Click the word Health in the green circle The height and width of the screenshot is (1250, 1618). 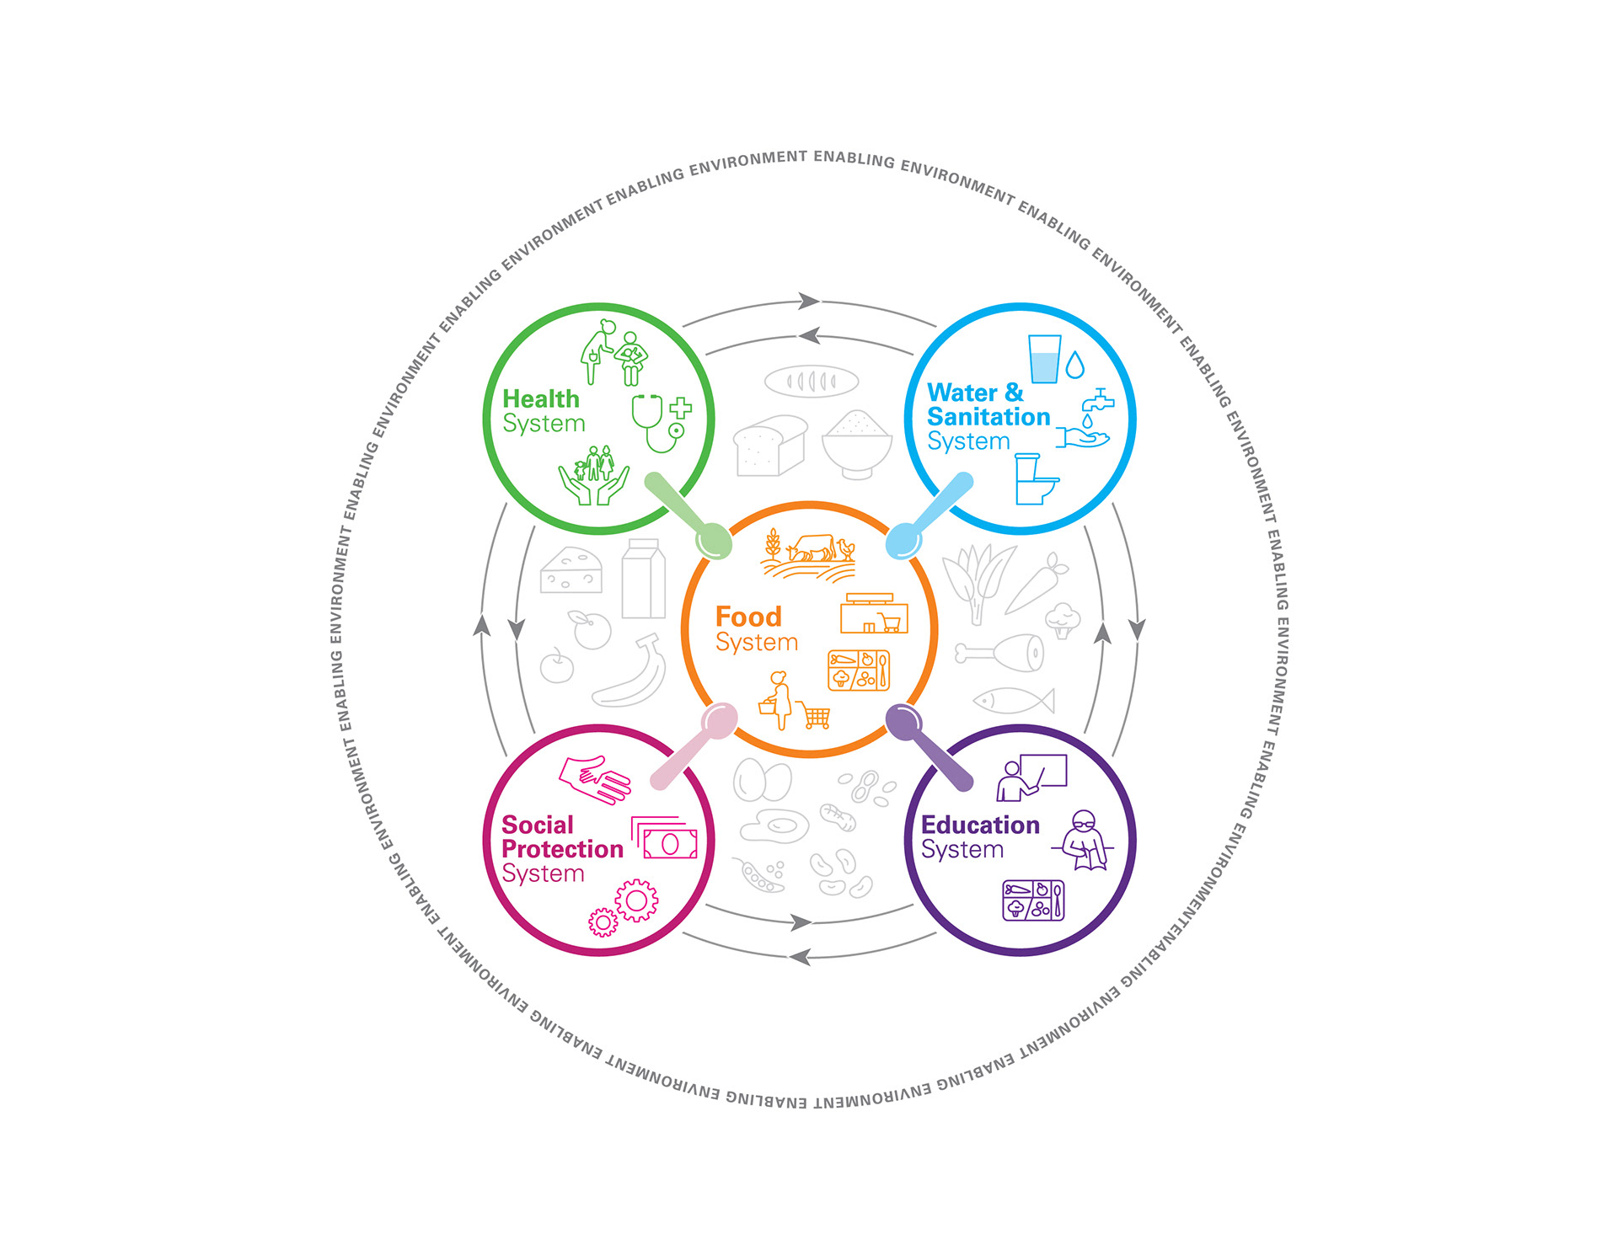point(541,398)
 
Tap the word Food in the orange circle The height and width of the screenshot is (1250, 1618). point(748,617)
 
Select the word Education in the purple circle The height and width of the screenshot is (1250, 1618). point(980,825)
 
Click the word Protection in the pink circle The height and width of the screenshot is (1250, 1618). point(562,850)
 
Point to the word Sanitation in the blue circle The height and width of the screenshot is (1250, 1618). point(988,417)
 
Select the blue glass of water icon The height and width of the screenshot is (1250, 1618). point(1045,359)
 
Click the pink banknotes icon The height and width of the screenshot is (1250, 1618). point(665,838)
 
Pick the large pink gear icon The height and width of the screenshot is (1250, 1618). point(636,900)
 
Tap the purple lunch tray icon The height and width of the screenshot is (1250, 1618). point(1033,900)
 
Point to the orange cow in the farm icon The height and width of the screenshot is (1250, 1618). point(811,548)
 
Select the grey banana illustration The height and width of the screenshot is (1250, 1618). point(630,671)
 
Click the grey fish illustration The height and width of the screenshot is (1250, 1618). point(1014,699)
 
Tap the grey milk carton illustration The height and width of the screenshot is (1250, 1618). point(644,579)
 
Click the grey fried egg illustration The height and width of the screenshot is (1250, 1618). point(774,825)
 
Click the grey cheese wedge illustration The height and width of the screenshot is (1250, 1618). point(571,570)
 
